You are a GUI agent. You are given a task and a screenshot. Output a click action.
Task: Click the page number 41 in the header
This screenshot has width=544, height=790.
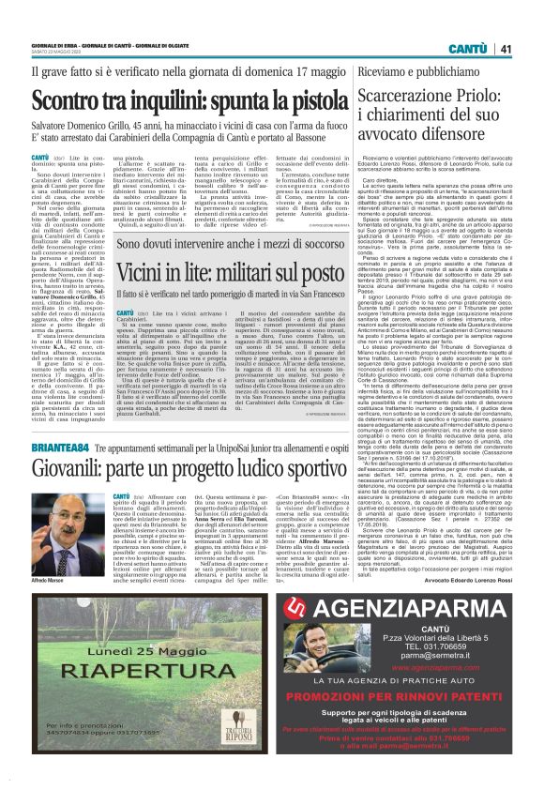506,49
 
